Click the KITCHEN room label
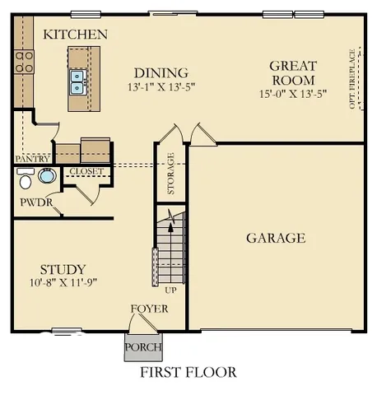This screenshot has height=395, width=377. click(75, 35)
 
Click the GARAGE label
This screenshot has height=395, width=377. click(276, 239)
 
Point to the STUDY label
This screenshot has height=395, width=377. click(63, 269)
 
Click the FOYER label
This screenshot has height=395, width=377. click(149, 309)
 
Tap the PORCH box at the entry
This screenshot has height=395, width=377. click(138, 347)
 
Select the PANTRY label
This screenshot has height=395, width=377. click(32, 158)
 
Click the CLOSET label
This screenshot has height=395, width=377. click(86, 171)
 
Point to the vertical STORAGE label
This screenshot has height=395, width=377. click(171, 174)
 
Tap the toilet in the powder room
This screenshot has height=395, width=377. click(26, 179)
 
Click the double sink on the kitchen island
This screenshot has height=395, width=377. click(79, 80)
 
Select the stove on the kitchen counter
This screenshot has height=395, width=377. click(23, 62)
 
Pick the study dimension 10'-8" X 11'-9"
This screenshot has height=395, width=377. click(63, 284)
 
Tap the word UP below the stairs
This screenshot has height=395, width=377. click(171, 290)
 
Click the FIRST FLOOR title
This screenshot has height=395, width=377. click(188, 372)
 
